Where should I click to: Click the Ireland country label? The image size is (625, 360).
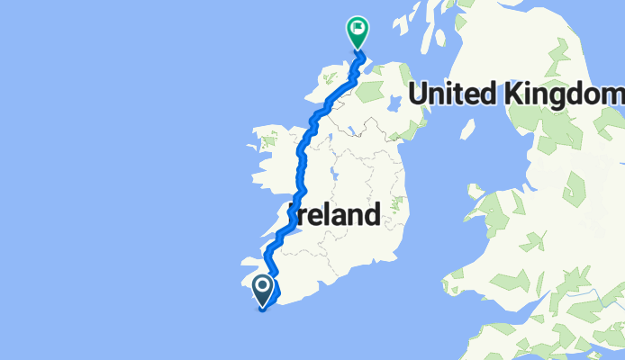(334, 216)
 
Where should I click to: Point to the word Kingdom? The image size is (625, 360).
(566, 94)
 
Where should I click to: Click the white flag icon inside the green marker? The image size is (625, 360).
(358, 29)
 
